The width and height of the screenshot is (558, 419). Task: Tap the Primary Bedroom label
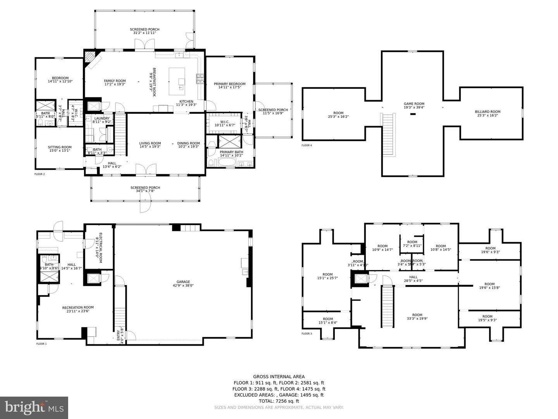[x=229, y=85]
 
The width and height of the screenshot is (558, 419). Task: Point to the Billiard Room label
[x=487, y=113]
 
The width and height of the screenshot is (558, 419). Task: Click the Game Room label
[x=414, y=106]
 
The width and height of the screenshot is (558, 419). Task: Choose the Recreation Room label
[x=78, y=309]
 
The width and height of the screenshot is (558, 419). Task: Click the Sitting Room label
[x=60, y=149]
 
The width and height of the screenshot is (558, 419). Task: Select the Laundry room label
[x=102, y=120]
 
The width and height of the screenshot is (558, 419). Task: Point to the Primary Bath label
[x=231, y=154]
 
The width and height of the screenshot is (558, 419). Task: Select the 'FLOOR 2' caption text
[x=40, y=174]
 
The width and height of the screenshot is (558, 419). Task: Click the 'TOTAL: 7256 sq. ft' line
[x=279, y=401]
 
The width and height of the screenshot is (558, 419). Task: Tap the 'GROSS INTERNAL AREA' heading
[x=279, y=376]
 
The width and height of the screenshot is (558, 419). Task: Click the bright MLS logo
[x=34, y=407]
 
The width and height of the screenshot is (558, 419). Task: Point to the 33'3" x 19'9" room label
[x=417, y=317]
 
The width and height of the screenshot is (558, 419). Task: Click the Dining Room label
[x=189, y=145]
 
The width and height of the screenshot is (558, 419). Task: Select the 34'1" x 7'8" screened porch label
[x=145, y=189]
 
